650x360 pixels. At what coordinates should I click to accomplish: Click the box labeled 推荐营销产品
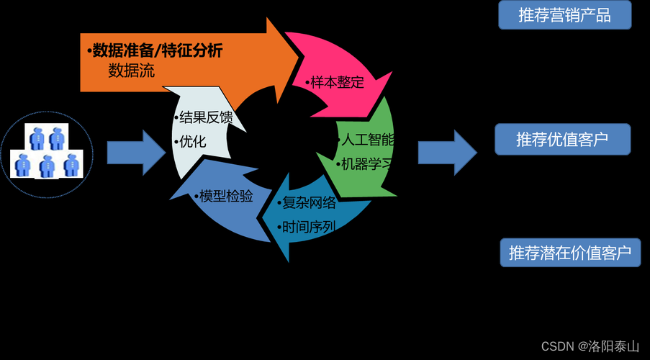pyautogui.click(x=564, y=15)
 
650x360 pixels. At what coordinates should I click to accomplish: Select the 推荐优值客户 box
pyautogui.click(x=562, y=140)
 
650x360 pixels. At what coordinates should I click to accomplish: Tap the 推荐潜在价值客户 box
pyautogui.click(x=570, y=253)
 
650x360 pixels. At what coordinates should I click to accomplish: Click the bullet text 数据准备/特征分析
pyautogui.click(x=155, y=50)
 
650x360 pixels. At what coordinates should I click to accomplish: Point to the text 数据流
pyautogui.click(x=132, y=71)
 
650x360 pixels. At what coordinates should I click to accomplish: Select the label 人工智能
pyautogui.click(x=367, y=139)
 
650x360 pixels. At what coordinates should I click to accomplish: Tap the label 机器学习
pyautogui.click(x=367, y=163)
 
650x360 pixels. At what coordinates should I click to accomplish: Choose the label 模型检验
pyautogui.click(x=224, y=196)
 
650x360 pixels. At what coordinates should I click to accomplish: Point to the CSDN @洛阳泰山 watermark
pyautogui.click(x=590, y=346)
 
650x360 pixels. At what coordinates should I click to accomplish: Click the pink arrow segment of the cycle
pyautogui.click(x=338, y=68)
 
